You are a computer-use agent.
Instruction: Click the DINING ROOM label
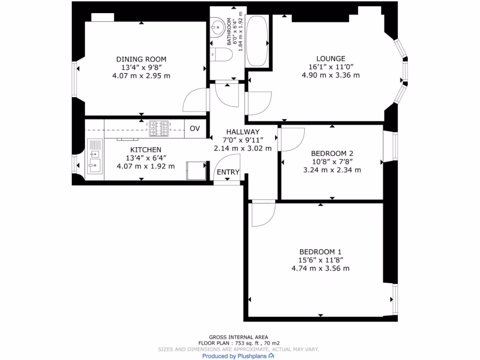click(x=141, y=59)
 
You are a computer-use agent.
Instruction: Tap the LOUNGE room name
click(x=330, y=59)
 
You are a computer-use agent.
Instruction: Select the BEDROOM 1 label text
click(x=320, y=251)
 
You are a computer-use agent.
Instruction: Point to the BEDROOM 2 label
click(x=332, y=153)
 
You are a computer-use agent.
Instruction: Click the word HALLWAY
click(x=242, y=132)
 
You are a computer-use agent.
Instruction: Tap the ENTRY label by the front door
click(x=228, y=172)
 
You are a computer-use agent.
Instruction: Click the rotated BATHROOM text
click(x=230, y=32)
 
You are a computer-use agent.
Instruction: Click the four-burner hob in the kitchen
click(x=158, y=128)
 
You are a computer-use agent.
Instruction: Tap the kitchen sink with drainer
click(x=95, y=157)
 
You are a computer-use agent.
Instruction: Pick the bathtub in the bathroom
click(x=257, y=41)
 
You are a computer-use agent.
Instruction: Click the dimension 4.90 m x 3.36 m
click(x=330, y=75)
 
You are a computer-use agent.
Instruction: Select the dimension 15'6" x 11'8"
click(x=320, y=260)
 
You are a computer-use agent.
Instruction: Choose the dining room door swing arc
click(x=194, y=100)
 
